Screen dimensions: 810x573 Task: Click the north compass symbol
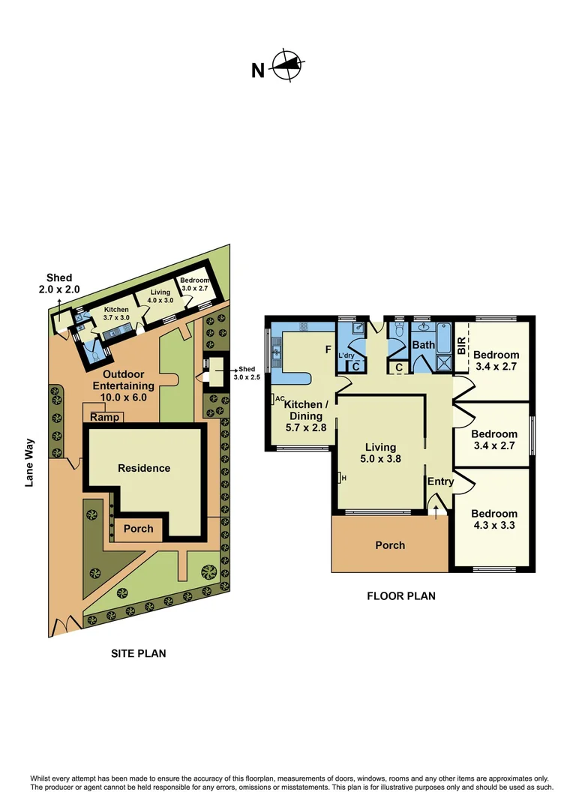coord(288,65)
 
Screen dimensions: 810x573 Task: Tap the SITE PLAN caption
coord(139,653)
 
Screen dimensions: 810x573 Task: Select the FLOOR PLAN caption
coord(400,596)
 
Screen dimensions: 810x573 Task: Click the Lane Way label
coord(30,463)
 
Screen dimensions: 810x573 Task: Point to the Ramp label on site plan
coord(103,417)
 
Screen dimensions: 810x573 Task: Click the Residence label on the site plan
coord(144,468)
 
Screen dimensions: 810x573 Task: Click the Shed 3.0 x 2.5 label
coord(250,373)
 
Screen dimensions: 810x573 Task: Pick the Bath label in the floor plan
coord(423,346)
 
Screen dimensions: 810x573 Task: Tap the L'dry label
coord(346,355)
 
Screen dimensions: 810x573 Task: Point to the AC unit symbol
coord(278,398)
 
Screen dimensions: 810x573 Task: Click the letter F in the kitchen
coord(328,349)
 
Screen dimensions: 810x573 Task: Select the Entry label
coord(440,481)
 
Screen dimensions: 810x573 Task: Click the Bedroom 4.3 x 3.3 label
coord(494,520)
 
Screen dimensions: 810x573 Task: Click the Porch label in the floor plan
coord(390,545)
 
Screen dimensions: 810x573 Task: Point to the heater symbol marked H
coord(342,477)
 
